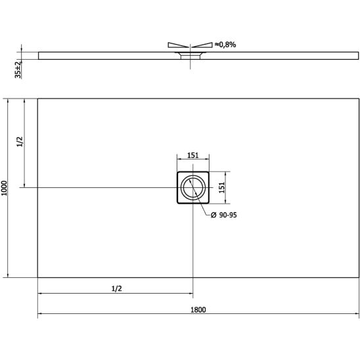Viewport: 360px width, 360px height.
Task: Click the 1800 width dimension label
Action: coord(198,309)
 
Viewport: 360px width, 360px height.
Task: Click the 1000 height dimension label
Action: coord(5,188)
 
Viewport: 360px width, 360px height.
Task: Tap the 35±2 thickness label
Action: coord(18,70)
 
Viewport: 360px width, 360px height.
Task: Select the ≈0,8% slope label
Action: coord(225,45)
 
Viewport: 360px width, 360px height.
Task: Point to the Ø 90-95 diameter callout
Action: coord(224,215)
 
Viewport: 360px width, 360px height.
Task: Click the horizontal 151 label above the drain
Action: coord(193,156)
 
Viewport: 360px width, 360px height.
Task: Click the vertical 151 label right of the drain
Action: coord(221,188)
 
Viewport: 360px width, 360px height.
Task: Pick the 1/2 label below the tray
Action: coord(117,288)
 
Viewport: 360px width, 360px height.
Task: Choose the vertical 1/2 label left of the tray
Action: coord(20,142)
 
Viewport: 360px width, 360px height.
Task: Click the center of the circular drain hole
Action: coord(193,187)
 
